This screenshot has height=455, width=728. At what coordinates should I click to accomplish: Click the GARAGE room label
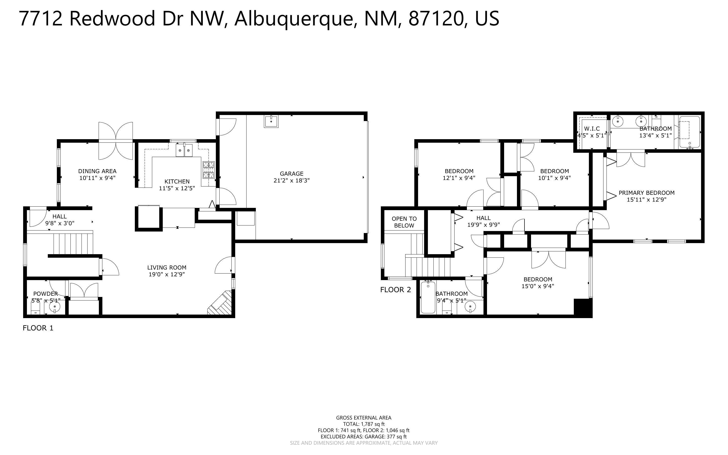click(x=291, y=174)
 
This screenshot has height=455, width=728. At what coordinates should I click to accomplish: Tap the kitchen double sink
click(x=184, y=150)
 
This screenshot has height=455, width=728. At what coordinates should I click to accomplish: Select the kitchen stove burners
click(x=209, y=169)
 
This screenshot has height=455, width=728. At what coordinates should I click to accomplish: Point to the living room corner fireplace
click(x=221, y=303)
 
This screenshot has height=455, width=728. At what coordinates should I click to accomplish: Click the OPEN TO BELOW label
click(x=404, y=222)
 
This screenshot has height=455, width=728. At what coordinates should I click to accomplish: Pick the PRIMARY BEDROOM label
click(x=646, y=193)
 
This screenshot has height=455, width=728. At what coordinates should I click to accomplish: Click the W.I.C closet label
click(x=592, y=129)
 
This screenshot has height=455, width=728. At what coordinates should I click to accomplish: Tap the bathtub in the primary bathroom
click(x=689, y=132)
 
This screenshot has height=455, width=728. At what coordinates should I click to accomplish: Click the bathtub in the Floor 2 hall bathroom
click(x=428, y=297)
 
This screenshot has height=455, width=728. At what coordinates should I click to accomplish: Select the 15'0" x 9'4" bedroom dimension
click(x=538, y=286)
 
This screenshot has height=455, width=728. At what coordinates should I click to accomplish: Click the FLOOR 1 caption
click(x=38, y=328)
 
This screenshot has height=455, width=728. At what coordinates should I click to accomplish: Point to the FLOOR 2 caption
click(x=395, y=290)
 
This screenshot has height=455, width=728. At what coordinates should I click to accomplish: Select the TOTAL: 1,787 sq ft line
click(x=363, y=424)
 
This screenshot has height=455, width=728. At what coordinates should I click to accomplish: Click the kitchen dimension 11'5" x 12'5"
click(x=177, y=188)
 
